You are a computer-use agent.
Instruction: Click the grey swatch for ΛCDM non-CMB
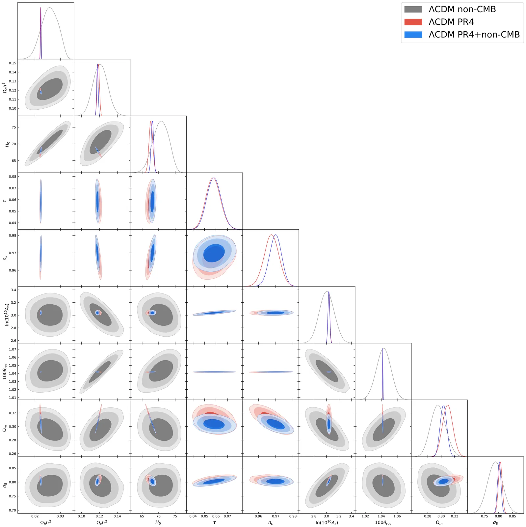coord(413,9)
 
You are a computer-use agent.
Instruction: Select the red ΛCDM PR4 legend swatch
coord(413,22)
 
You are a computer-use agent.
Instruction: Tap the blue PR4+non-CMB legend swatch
coord(413,35)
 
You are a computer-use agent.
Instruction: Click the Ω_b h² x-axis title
coord(45,522)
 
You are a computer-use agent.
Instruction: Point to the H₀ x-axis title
coord(158,522)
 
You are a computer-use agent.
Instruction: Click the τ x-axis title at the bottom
coord(214,522)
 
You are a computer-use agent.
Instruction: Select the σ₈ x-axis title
coord(495,522)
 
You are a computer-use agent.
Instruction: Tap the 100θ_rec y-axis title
coord(5,371)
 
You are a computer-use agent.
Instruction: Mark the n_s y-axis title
coord(5,258)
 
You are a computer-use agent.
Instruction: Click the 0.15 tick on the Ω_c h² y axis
coord(12,63)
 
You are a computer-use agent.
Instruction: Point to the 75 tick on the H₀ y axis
coord(13,127)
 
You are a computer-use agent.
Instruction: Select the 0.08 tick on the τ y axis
coord(12,177)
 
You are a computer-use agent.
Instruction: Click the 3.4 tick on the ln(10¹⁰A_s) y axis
coord(13,290)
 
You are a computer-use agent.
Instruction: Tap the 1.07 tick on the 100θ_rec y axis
coord(12,349)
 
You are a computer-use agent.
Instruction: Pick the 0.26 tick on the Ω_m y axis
coord(12,454)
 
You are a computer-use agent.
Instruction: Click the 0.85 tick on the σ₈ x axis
coord(512,516)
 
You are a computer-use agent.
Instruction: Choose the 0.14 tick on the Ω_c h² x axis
coord(117,516)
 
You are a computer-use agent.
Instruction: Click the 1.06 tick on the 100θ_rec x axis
coord(397,516)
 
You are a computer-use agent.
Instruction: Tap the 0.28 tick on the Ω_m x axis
coord(428,516)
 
